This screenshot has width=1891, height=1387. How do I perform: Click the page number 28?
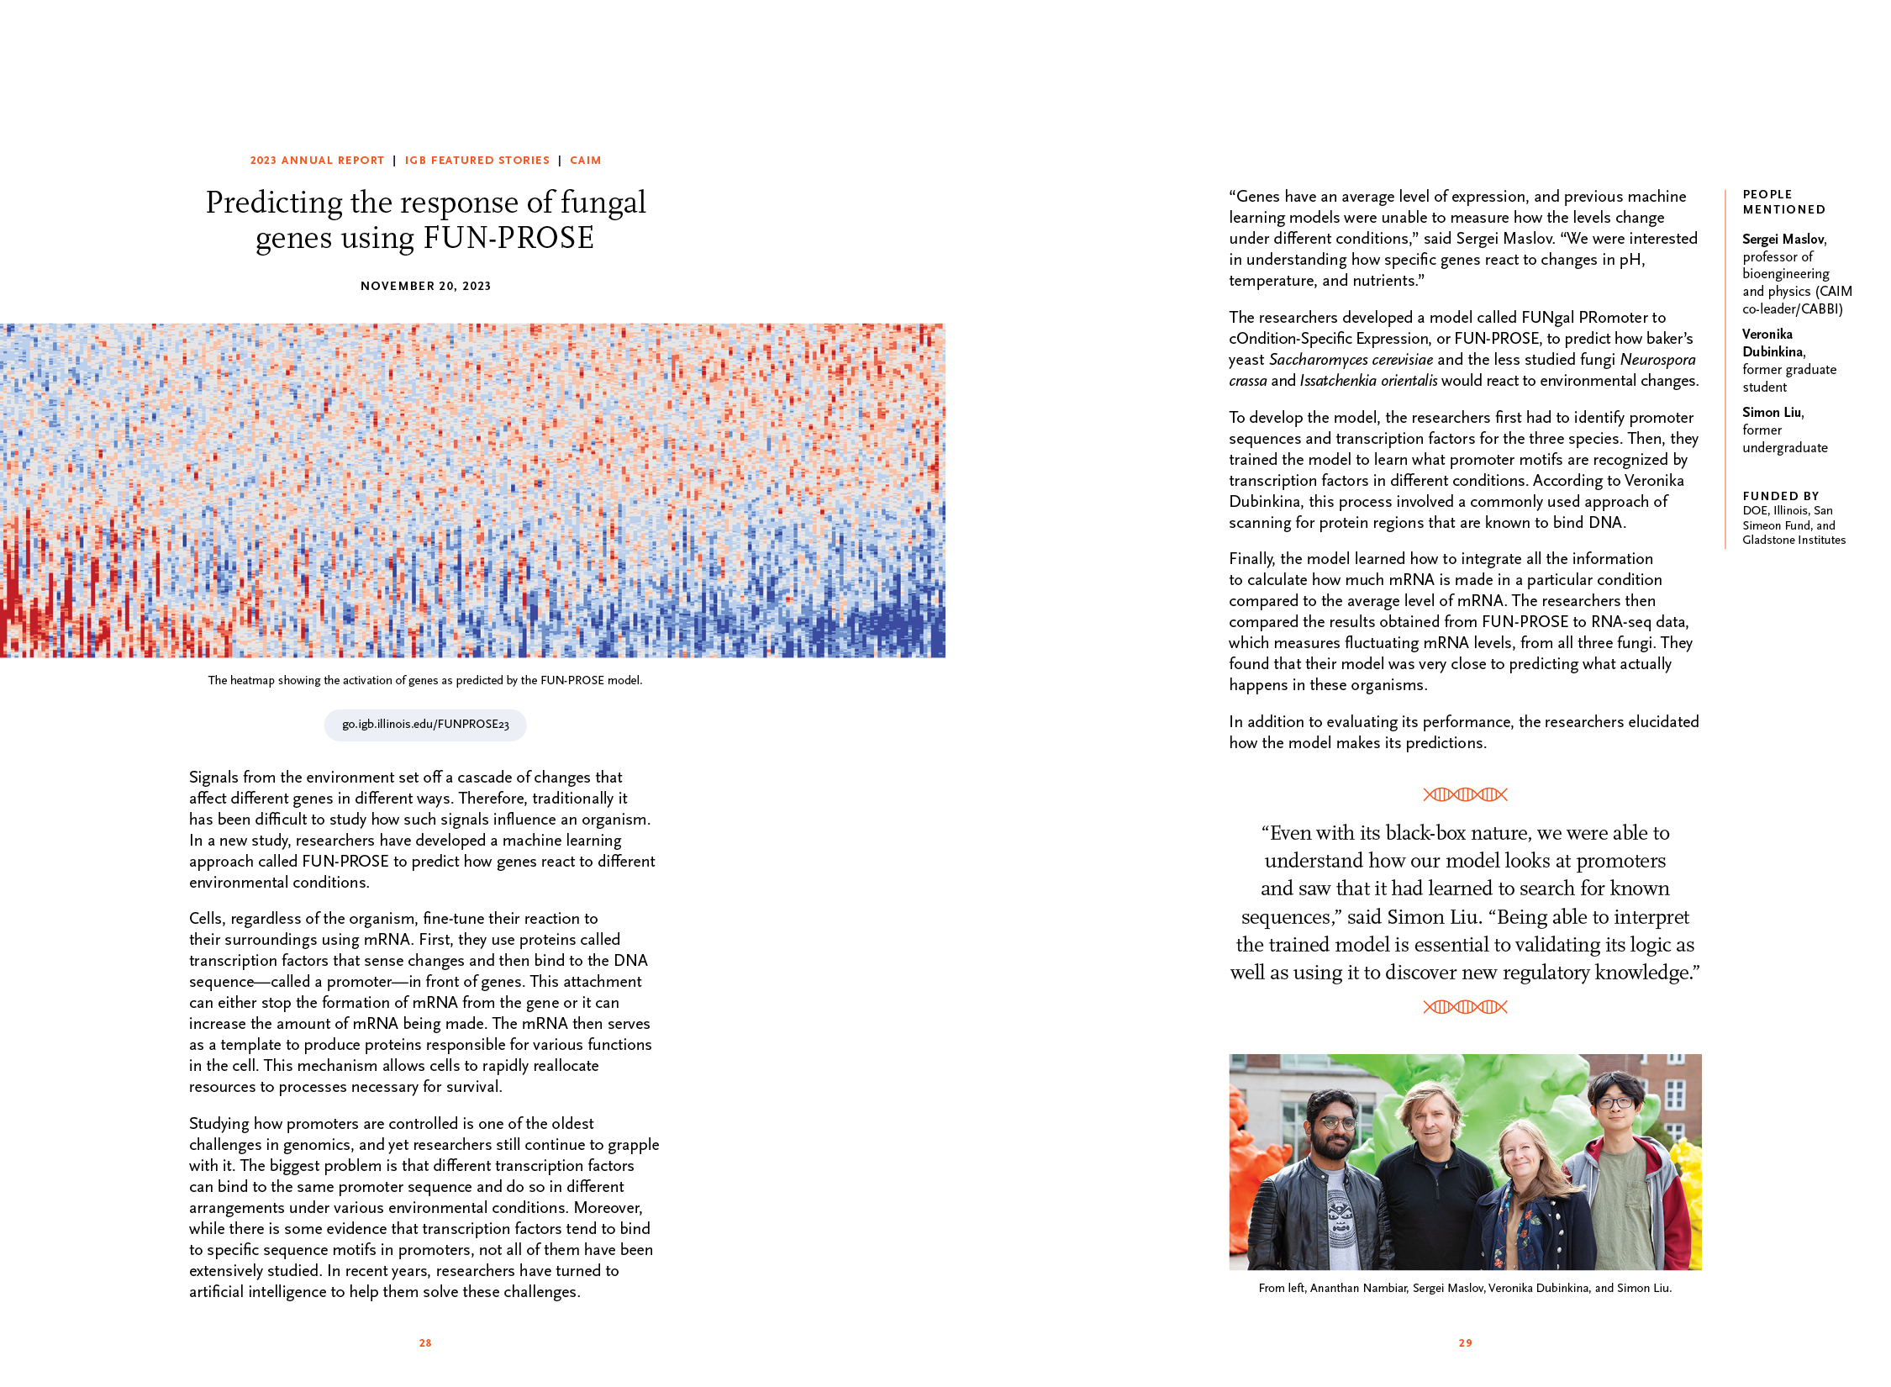(425, 1342)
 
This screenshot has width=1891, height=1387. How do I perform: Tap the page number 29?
(1465, 1342)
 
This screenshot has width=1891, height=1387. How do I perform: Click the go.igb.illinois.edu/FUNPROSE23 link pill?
(425, 725)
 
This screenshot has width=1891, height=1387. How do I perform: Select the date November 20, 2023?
(425, 286)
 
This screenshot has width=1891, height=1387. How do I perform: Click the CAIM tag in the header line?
(585, 161)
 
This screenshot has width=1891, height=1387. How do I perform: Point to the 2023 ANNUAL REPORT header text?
(317, 161)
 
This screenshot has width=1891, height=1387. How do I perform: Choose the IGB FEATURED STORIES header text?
(477, 161)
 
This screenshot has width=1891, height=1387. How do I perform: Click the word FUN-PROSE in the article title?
(508, 239)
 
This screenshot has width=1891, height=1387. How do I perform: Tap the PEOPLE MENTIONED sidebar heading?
(1783, 202)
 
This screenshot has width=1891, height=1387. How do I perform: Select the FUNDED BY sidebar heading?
(1780, 496)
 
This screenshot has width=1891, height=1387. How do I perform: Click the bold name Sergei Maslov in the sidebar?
(1783, 240)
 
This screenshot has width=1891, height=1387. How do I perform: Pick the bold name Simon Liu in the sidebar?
(1772, 412)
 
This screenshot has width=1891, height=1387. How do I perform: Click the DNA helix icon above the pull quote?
(1465, 794)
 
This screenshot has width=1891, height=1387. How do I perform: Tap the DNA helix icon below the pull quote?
(1465, 1006)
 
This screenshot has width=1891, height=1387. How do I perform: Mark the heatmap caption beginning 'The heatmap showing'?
(425, 680)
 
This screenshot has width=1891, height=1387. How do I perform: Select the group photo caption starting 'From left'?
(1465, 1288)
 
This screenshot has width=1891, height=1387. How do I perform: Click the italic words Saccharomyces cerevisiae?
(1351, 360)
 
